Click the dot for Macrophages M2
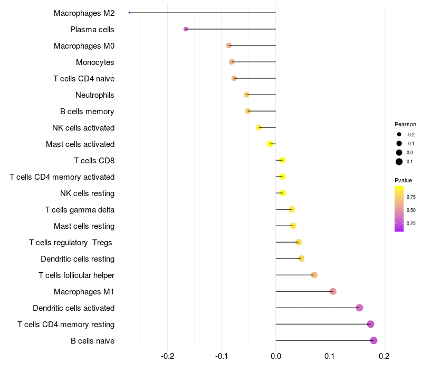(129, 13)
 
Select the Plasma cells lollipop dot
(186, 29)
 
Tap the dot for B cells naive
(373, 340)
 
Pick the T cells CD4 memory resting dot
(370, 324)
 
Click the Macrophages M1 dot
(333, 291)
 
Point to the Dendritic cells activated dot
(359, 308)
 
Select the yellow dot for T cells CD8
(282, 160)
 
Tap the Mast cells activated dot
(270, 144)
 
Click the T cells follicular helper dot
(314, 275)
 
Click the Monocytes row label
(95, 62)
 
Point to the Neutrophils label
(95, 95)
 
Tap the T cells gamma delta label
(80, 209)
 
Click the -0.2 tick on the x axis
(168, 356)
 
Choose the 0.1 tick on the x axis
(330, 356)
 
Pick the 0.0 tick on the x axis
(276, 356)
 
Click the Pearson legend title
(405, 124)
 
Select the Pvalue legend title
(404, 180)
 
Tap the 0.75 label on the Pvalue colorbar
(411, 197)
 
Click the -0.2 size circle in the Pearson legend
(399, 134)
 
